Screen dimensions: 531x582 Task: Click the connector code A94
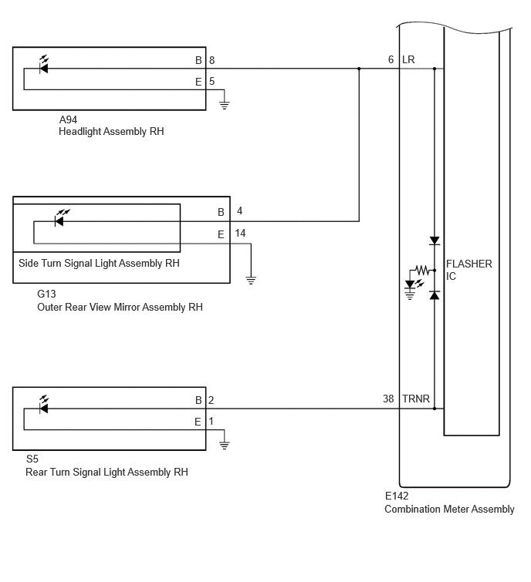click(x=68, y=119)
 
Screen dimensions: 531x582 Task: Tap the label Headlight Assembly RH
click(x=111, y=131)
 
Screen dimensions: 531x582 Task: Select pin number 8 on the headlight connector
click(x=211, y=60)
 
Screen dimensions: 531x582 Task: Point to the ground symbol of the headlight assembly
click(x=224, y=104)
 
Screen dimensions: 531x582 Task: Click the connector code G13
click(x=46, y=294)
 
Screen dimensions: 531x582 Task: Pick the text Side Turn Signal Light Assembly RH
click(x=99, y=263)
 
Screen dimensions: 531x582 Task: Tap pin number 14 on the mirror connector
click(x=240, y=233)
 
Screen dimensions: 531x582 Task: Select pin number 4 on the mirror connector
click(x=240, y=210)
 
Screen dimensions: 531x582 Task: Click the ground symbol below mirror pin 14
click(x=251, y=280)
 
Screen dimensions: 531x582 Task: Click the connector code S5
click(x=32, y=459)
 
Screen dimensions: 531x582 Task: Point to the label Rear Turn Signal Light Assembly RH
click(x=107, y=472)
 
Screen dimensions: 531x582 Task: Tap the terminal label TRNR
click(x=416, y=399)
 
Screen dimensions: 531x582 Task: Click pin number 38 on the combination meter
click(x=388, y=399)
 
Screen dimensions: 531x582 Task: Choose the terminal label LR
click(x=408, y=60)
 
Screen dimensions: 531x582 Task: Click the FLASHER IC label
click(x=469, y=270)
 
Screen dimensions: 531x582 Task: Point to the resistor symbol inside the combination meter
click(x=421, y=270)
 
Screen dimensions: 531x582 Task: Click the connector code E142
click(x=397, y=496)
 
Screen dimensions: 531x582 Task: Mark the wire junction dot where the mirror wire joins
click(x=359, y=69)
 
